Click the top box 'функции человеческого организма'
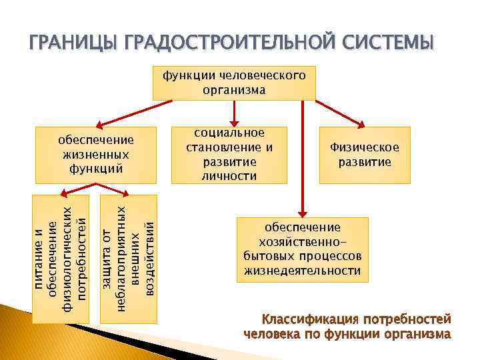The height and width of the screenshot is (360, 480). (235, 83)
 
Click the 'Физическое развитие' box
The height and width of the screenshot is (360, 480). (364, 155)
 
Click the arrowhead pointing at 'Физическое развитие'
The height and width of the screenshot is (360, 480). (363, 123)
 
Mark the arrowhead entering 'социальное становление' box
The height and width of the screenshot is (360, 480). (229, 123)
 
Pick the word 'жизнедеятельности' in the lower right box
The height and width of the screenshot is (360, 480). (303, 271)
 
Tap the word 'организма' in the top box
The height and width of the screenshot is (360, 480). (235, 90)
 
